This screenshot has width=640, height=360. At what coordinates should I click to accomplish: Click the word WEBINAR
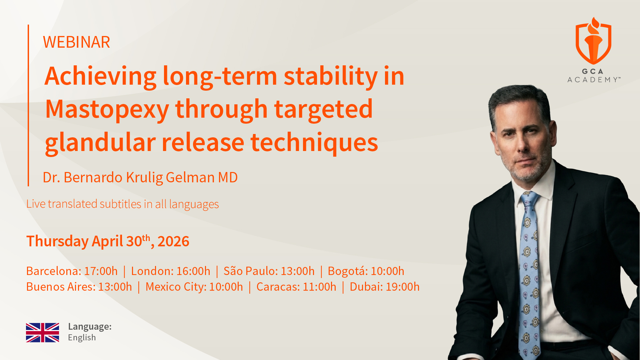[x=76, y=42]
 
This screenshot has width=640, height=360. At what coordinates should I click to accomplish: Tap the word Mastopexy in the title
[x=107, y=109]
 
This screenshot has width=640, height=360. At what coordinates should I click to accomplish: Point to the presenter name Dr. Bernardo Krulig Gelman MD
[x=140, y=177]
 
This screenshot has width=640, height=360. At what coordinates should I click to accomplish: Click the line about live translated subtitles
[x=122, y=204]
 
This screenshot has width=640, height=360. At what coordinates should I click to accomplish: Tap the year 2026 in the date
[x=173, y=241]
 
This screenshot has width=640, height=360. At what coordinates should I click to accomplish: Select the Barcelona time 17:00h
[x=101, y=271]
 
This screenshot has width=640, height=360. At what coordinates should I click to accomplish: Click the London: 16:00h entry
[x=171, y=271]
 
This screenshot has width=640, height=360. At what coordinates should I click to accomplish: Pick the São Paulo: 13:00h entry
[x=269, y=271]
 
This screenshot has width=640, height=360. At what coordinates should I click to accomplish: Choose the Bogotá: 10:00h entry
[x=366, y=271]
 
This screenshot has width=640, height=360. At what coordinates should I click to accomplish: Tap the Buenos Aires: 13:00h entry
[x=79, y=287]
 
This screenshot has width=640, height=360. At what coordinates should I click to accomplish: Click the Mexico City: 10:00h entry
[x=194, y=287]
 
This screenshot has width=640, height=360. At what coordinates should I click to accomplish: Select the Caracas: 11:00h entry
[x=296, y=287]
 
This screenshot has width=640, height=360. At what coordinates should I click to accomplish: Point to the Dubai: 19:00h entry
[x=385, y=287]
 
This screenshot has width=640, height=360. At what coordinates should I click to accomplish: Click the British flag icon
[x=43, y=333]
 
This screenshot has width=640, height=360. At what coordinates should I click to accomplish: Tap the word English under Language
[x=82, y=338]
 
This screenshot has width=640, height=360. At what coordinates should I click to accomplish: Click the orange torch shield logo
[x=594, y=41]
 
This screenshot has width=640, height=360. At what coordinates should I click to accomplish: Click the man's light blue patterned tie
[x=530, y=273]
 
